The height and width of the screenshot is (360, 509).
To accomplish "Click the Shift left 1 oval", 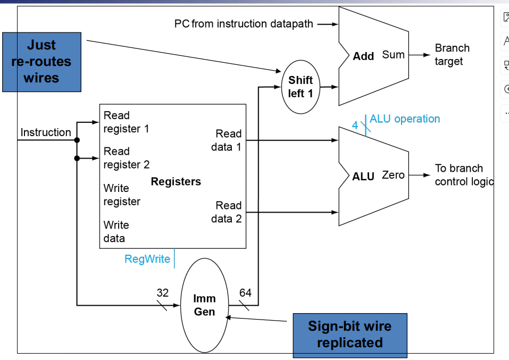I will coord(301,87).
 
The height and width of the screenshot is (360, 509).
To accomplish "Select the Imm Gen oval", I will coord(204,305).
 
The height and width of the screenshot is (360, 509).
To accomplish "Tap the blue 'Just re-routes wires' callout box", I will coord(41,62).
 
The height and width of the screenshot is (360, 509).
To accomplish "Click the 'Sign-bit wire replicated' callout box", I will coord(349,334).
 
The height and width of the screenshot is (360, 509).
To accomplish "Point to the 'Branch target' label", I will coord(452,55).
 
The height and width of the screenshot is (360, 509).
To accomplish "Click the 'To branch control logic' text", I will coord(463,175).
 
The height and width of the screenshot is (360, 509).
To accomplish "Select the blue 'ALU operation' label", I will coord(405,119).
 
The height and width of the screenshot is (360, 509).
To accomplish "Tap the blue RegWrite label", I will coord(147,259).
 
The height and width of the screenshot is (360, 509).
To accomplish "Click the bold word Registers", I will coord(176,181).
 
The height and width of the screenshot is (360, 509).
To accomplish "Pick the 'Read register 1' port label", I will coord(127,122).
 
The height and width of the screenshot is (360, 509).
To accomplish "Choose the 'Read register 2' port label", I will coord(127,158).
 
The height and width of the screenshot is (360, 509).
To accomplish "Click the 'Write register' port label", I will coord(122,195).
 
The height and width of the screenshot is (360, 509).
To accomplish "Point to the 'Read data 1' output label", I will coord(227,140).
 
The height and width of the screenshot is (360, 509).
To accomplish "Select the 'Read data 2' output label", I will coord(227,212).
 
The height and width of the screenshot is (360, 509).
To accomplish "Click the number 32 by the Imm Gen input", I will coord(163,292).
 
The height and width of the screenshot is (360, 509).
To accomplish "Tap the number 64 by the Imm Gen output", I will coord(245,292).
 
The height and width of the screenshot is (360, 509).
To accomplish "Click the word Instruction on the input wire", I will coord(46,132).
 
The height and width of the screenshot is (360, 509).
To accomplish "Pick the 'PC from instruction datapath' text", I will coord(244,24).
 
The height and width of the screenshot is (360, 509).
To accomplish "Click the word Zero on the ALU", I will coord(393,175).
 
